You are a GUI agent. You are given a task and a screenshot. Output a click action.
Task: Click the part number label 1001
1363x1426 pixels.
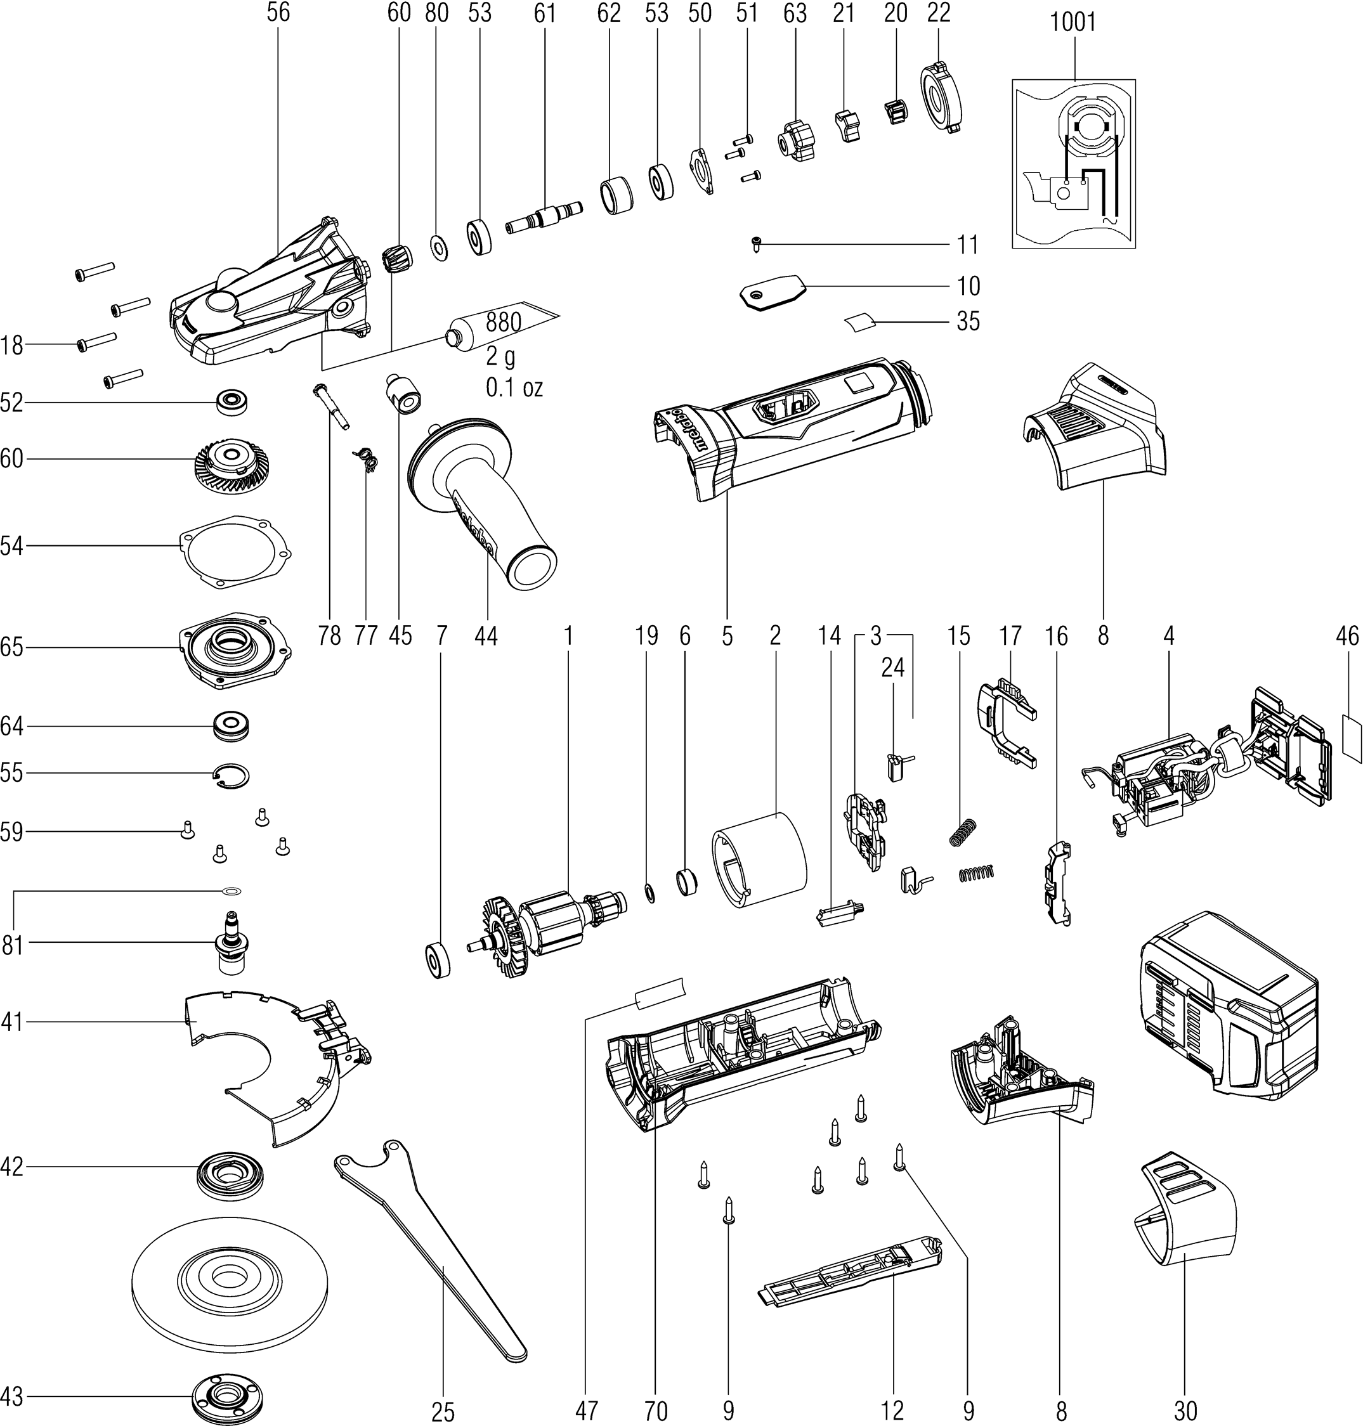click(x=1073, y=23)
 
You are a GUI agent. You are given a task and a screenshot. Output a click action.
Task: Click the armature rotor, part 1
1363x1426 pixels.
click(x=545, y=926)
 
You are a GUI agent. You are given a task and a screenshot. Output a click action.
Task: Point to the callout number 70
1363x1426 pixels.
click(x=655, y=1411)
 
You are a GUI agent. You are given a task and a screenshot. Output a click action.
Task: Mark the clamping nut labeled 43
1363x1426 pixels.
click(x=228, y=1397)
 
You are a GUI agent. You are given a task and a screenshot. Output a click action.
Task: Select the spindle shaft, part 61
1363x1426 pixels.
click(x=545, y=217)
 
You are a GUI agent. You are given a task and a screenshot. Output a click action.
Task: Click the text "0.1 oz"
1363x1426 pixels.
click(x=514, y=388)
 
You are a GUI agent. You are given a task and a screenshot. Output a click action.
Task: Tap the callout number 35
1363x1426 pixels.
click(x=968, y=321)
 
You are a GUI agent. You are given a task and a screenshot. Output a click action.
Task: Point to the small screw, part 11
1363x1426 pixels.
click(x=755, y=245)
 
